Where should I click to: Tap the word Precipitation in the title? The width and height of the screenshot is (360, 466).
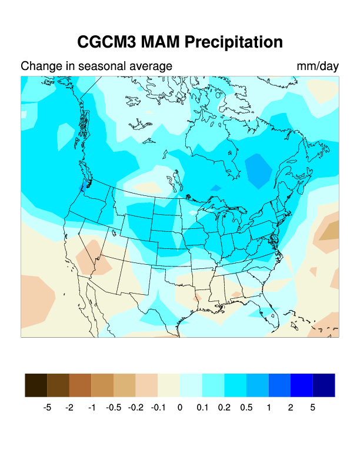point(234,42)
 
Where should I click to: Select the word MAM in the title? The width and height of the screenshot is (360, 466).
point(164,42)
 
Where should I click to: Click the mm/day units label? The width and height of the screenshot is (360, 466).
point(318,66)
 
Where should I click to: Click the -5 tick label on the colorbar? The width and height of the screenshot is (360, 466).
point(48,407)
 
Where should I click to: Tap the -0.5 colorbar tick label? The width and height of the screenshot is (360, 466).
point(114,407)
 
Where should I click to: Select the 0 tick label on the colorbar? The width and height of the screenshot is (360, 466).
point(180,407)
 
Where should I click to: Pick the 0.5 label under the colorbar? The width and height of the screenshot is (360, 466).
point(246,407)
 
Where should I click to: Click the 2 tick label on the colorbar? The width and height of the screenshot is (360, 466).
point(290,407)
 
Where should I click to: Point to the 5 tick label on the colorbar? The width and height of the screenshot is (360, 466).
point(312,407)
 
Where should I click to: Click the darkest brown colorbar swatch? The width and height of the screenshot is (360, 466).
point(36,385)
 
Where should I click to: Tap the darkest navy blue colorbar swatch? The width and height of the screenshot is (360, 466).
point(324,385)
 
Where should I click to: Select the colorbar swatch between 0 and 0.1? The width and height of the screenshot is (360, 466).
point(191,385)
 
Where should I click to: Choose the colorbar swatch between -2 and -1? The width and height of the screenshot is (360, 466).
point(81,385)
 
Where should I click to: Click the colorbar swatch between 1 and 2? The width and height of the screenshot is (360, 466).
point(279,385)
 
